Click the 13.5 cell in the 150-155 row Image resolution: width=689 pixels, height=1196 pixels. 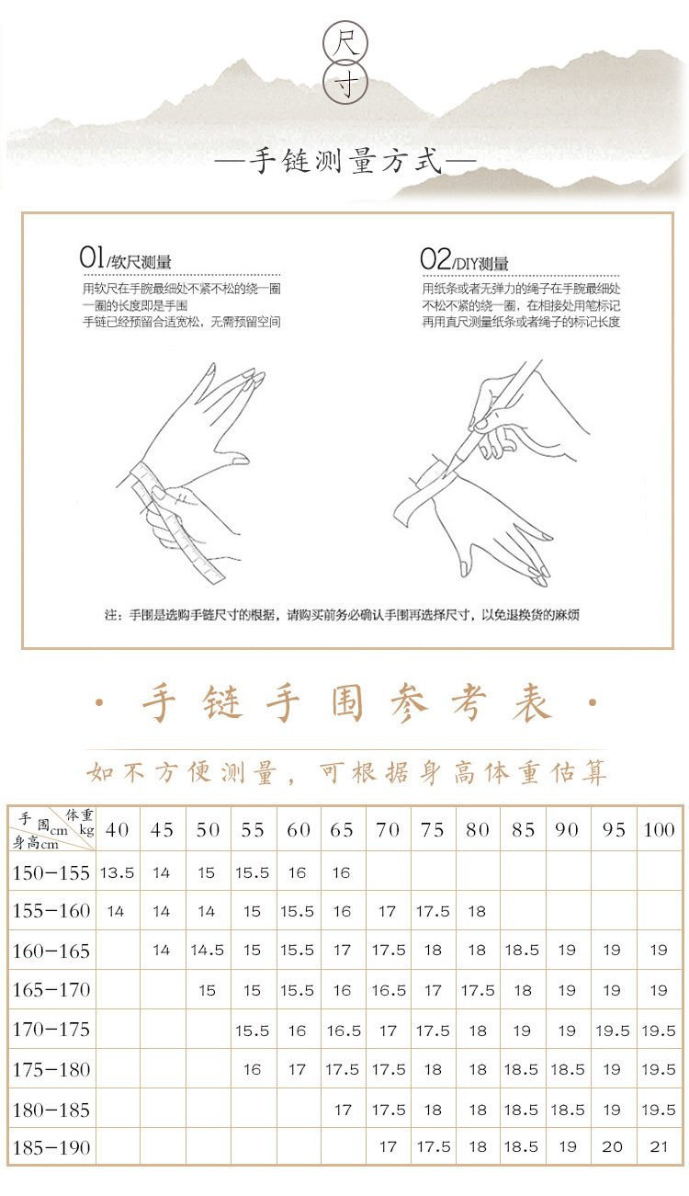117,872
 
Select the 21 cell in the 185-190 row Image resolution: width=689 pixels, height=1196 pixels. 658,1146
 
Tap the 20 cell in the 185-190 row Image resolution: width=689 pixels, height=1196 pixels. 612,1146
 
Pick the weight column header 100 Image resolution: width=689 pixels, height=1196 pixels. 659,830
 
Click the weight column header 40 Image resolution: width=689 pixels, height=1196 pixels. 117,830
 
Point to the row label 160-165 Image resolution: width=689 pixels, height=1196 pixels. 51,951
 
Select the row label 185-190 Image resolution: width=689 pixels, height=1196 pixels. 51,1146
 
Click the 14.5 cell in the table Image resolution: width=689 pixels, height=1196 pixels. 207,951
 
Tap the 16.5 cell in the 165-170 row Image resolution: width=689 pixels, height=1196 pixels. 388,990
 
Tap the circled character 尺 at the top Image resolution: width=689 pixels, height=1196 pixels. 345,42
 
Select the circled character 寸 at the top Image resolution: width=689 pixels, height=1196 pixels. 345,84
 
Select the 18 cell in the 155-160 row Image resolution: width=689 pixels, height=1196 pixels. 477,911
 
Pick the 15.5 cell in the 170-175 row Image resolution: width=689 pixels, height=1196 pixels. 252,1031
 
